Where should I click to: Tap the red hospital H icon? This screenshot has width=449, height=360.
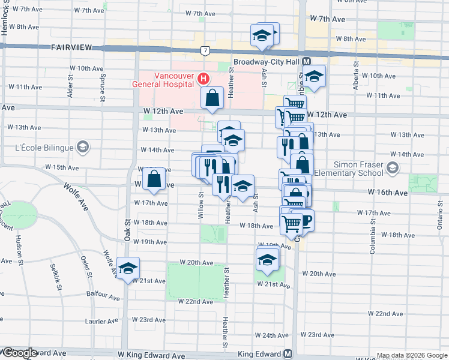[x=204, y=79]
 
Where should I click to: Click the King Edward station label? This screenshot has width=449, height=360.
[x=260, y=354]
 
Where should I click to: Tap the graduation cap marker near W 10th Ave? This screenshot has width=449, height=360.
[x=313, y=76]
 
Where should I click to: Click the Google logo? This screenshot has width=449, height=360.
[x=19, y=353]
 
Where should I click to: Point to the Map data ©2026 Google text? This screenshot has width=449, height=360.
[x=412, y=355]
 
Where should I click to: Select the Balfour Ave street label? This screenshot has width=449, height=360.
[x=103, y=295]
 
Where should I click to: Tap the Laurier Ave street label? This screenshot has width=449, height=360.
[x=103, y=322]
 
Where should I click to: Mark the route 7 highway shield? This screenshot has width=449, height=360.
[x=205, y=50]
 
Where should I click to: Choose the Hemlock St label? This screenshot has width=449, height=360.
[x=4, y=18]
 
